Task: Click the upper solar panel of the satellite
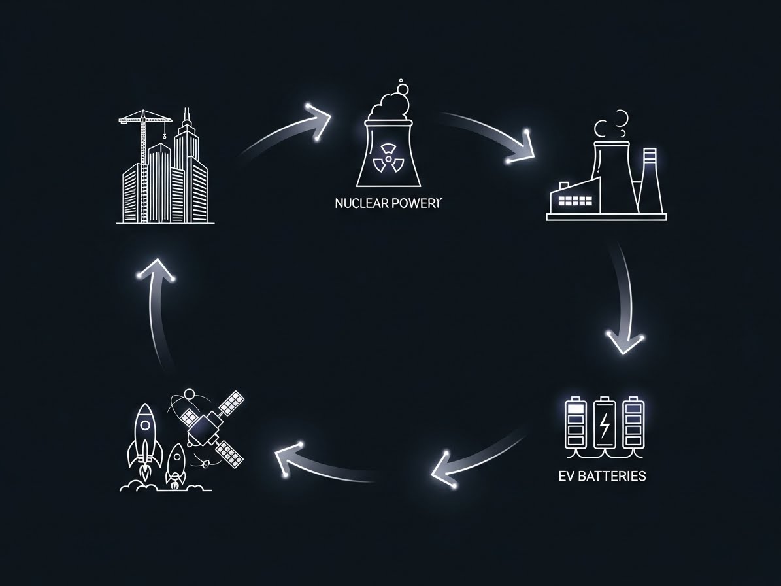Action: click(x=231, y=404)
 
